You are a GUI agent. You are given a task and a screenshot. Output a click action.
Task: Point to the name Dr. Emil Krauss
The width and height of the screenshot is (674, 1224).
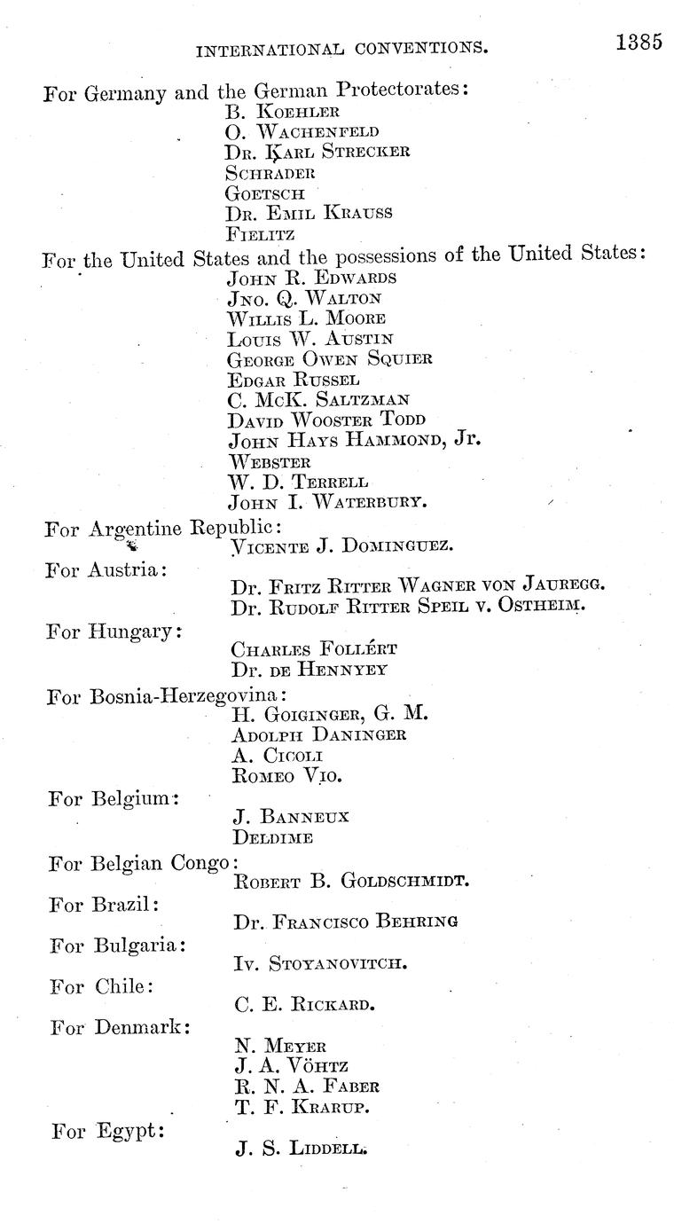[309, 213]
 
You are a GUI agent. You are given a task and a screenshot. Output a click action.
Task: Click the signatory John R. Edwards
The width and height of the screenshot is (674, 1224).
[311, 277]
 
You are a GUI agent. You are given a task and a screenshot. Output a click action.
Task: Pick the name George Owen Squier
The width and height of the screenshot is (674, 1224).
[330, 358]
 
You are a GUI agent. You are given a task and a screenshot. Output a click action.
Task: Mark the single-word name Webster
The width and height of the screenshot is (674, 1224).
[270, 461]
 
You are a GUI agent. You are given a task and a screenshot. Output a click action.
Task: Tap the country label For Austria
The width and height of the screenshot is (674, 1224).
[106, 569]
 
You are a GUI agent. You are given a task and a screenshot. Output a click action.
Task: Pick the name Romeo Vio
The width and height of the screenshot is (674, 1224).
[287, 775]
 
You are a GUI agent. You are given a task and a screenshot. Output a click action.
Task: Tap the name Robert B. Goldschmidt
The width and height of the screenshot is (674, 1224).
[351, 881]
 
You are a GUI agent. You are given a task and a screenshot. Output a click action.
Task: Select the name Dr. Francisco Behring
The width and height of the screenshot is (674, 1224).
[347, 922]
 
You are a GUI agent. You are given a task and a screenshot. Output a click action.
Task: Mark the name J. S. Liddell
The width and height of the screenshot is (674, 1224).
[301, 1149]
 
